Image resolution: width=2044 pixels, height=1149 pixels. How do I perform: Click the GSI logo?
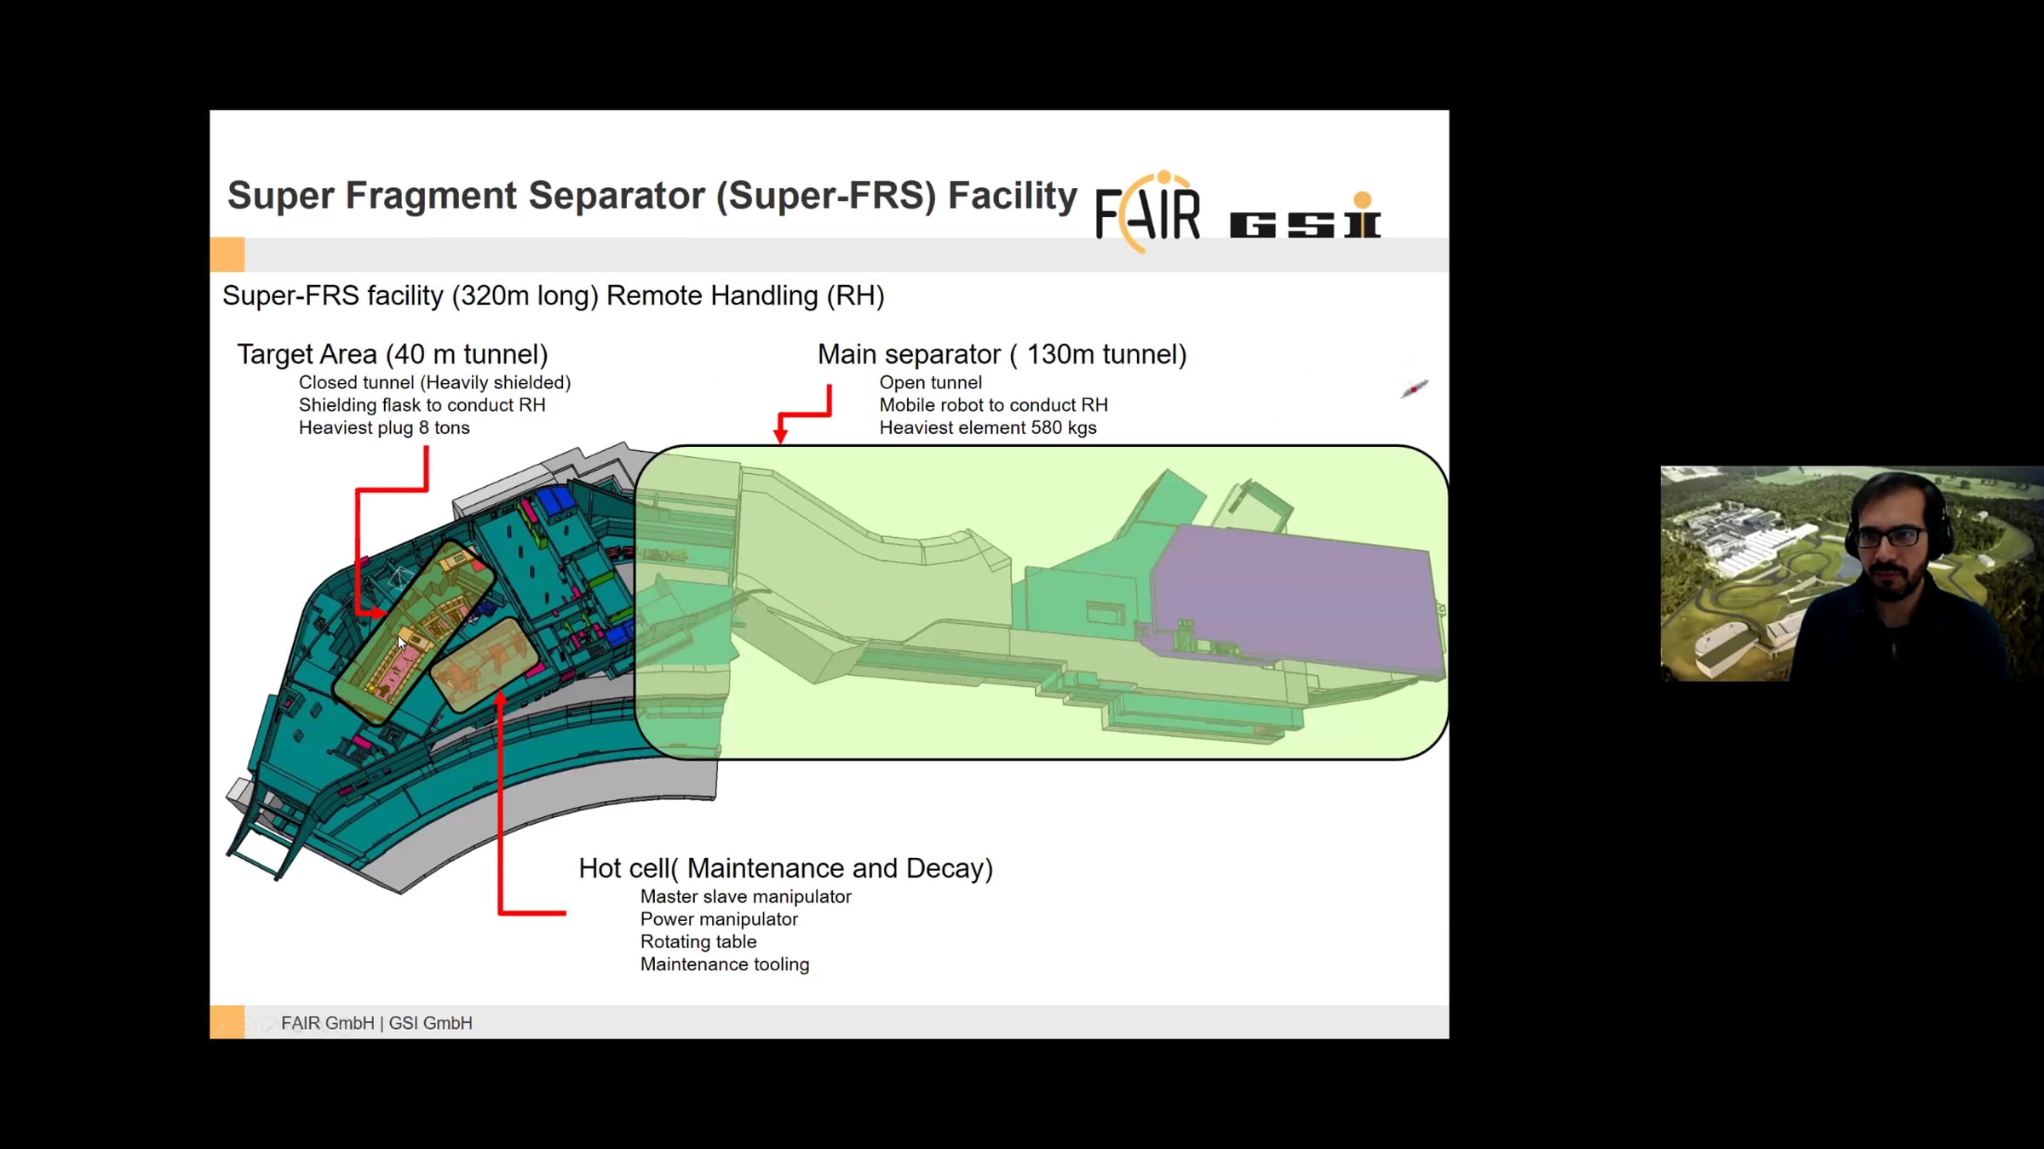[x=1305, y=215]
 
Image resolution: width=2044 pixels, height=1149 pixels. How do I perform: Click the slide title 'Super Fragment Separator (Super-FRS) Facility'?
[x=652, y=196]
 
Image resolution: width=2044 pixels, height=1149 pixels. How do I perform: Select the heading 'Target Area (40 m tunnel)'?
[x=393, y=354]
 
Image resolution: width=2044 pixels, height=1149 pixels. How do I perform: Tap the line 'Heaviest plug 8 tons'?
[x=384, y=428]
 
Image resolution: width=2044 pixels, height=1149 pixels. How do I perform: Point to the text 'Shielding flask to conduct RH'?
[x=422, y=405]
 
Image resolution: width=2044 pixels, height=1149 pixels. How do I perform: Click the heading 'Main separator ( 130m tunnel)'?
[x=1002, y=354]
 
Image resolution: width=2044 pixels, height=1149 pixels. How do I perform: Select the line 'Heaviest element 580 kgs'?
[x=988, y=428]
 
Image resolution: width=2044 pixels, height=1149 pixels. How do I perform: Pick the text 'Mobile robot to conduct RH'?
[x=993, y=405]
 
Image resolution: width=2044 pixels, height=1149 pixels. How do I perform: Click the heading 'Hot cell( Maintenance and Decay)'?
[x=785, y=868]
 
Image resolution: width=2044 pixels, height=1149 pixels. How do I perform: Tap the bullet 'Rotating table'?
[x=698, y=942]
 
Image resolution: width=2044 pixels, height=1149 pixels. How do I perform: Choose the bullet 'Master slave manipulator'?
[x=745, y=897]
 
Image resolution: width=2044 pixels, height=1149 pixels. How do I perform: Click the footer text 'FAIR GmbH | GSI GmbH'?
[x=376, y=1023]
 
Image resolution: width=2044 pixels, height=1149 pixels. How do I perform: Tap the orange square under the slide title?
[x=227, y=254]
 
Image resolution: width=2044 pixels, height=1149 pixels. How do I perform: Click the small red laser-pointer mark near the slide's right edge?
[x=1414, y=389]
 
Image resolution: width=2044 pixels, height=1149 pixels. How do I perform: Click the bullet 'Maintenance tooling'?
[x=724, y=964]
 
